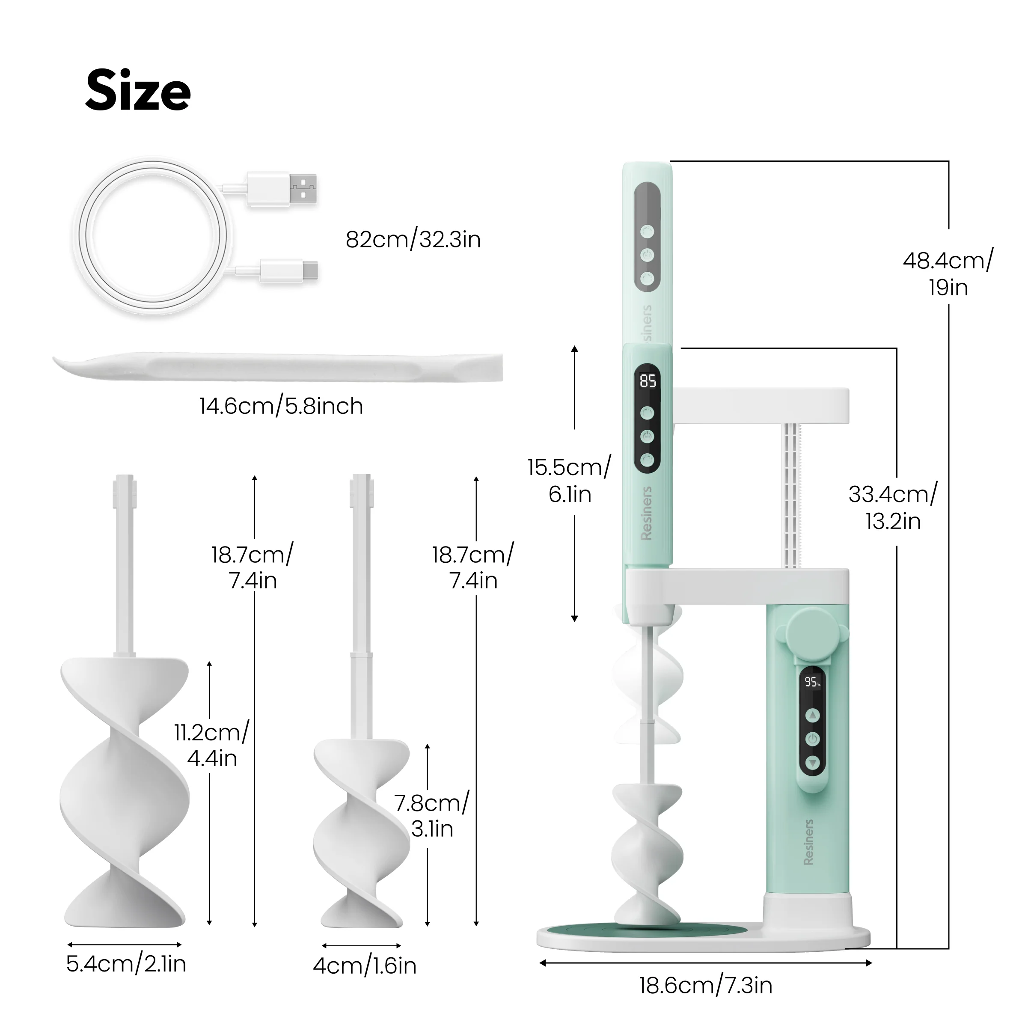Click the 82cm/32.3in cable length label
click(x=413, y=239)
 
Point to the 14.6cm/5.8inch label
click(x=281, y=407)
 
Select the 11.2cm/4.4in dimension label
click(x=212, y=745)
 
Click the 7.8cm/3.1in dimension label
click(x=431, y=816)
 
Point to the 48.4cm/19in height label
click(x=948, y=274)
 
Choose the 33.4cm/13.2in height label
click(x=892, y=507)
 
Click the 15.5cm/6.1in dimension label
click(x=569, y=481)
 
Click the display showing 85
click(x=648, y=381)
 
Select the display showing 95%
click(x=812, y=682)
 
